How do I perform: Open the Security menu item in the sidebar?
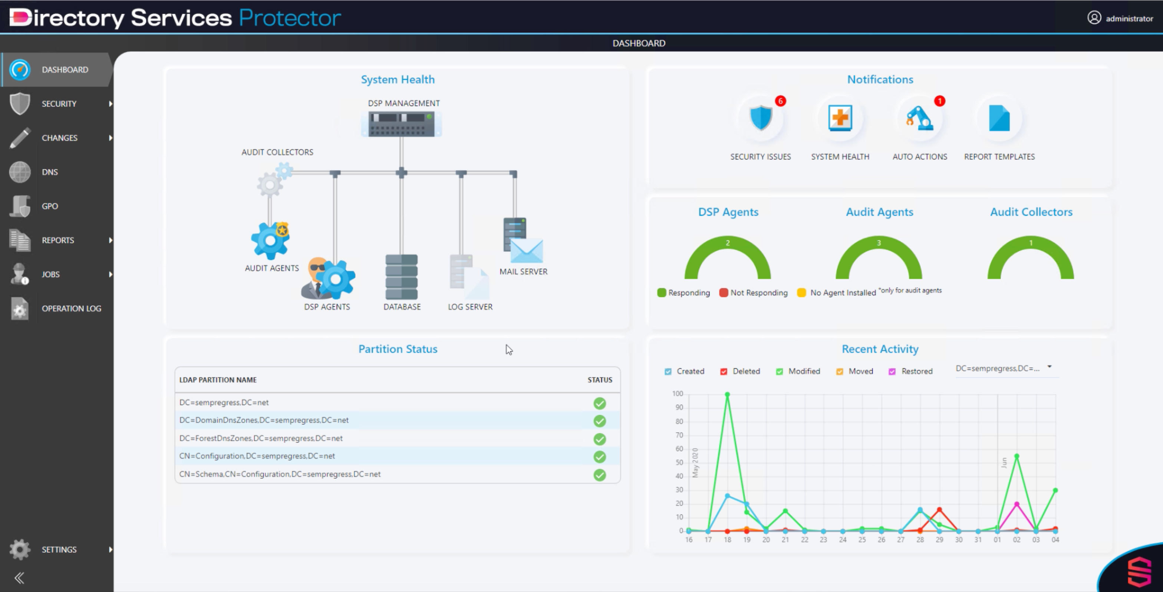tap(59, 104)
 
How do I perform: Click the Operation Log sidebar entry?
tap(71, 308)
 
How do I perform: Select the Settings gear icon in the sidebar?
tap(19, 549)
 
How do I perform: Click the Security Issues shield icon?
tap(761, 118)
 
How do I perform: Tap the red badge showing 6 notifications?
tap(780, 101)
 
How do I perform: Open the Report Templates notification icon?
tap(999, 118)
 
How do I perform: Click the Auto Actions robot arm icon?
tap(919, 118)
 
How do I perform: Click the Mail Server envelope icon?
tap(526, 251)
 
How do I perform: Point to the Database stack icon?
tap(401, 277)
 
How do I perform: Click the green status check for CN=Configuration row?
tap(600, 457)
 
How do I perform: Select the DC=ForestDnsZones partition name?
tap(261, 438)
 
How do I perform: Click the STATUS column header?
tap(600, 380)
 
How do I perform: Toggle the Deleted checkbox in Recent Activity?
tap(724, 372)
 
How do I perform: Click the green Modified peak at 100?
tap(727, 394)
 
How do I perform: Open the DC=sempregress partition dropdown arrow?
tap(1049, 367)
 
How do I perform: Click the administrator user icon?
tap(1094, 17)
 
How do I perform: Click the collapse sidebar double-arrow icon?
tap(19, 578)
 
